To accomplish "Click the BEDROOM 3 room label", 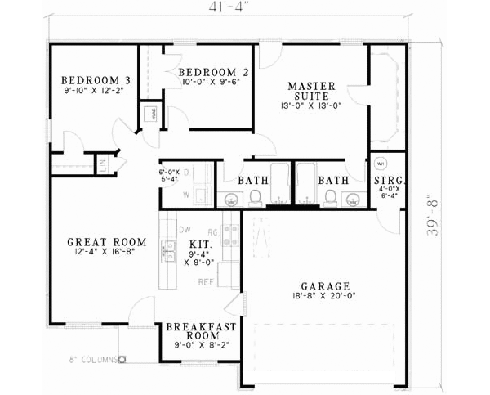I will point(96,80).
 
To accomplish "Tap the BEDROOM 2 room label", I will point(213,72).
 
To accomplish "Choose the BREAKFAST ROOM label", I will point(201,332).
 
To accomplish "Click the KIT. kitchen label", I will point(200,244).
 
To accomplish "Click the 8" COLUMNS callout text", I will point(93,358).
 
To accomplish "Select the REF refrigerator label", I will point(205,282).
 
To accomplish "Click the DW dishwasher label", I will point(185,231).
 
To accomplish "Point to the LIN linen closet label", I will point(103,164).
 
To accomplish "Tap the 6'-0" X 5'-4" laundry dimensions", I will point(170,176).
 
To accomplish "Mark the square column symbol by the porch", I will point(122,358).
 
